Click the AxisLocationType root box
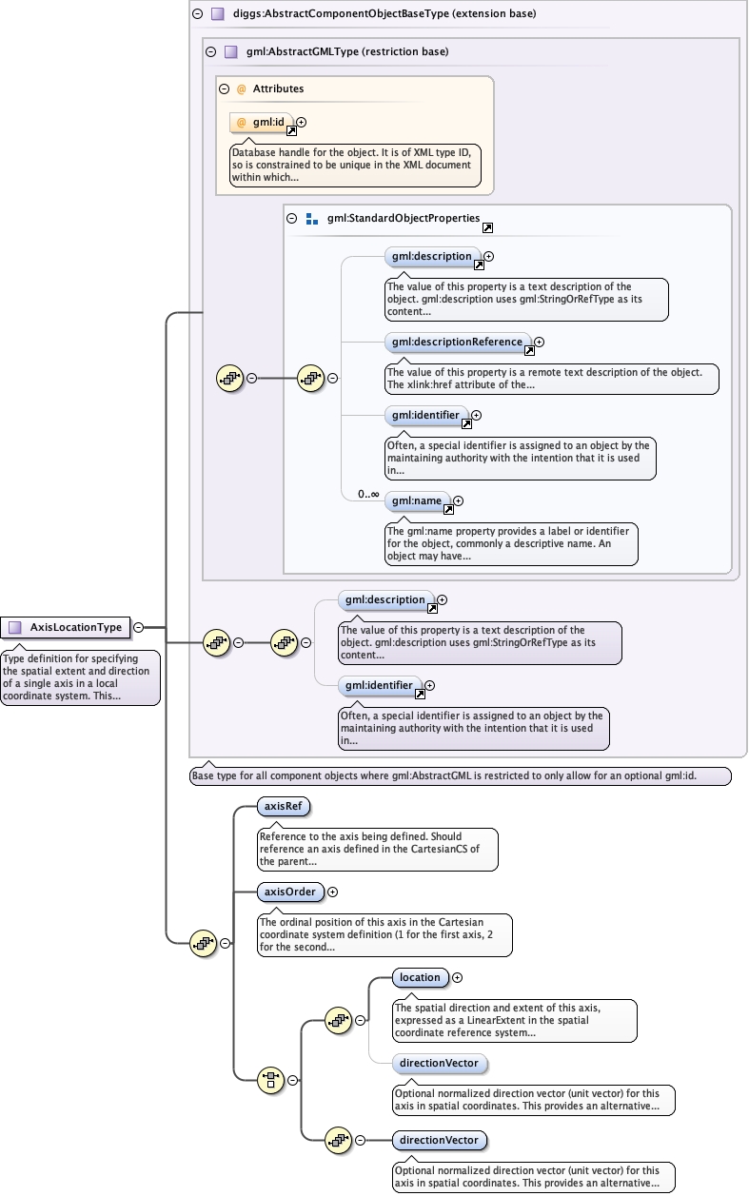tap(66, 627)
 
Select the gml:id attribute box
tap(262, 123)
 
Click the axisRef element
tap(284, 807)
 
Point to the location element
tap(420, 977)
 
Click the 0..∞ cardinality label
tap(368, 494)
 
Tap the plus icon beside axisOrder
tap(332, 892)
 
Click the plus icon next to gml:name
tap(458, 500)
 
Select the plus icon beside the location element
tap(457, 977)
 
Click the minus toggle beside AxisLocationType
tap(139, 627)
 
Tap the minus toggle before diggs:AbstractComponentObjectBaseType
tap(197, 14)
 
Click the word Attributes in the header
tap(278, 88)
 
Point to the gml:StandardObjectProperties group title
tap(403, 218)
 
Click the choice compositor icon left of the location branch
tap(271, 1080)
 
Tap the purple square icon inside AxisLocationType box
tap(14, 627)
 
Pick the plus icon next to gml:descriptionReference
tap(539, 342)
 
